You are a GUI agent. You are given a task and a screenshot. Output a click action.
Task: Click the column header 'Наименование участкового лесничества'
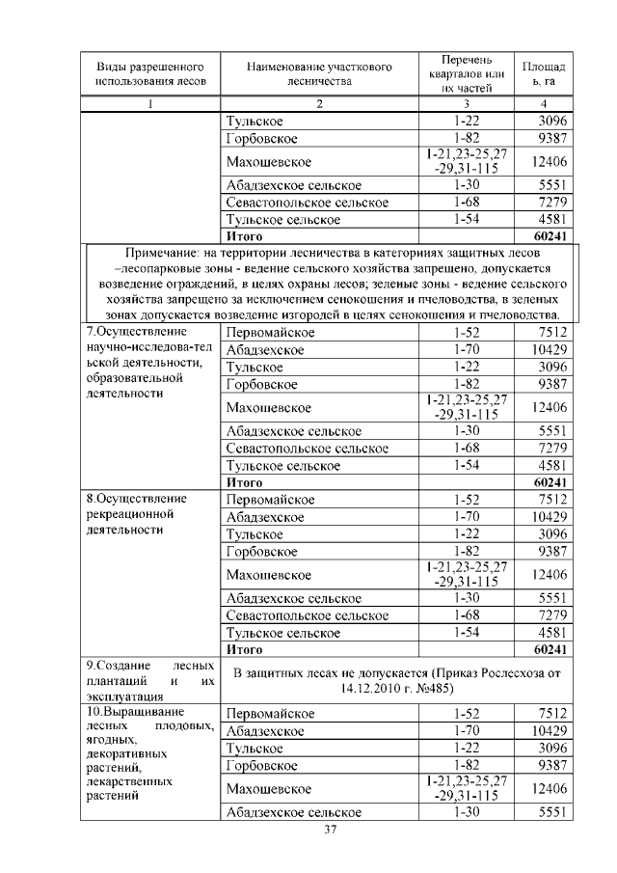pyautogui.click(x=319, y=74)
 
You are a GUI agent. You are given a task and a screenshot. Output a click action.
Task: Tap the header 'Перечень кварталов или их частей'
pyautogui.click(x=467, y=74)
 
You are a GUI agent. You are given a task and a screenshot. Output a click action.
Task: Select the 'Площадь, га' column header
pyautogui.click(x=545, y=74)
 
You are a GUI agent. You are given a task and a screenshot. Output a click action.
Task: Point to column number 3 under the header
pyautogui.click(x=467, y=104)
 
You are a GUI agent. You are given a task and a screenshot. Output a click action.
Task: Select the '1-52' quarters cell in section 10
pyautogui.click(x=467, y=713)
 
